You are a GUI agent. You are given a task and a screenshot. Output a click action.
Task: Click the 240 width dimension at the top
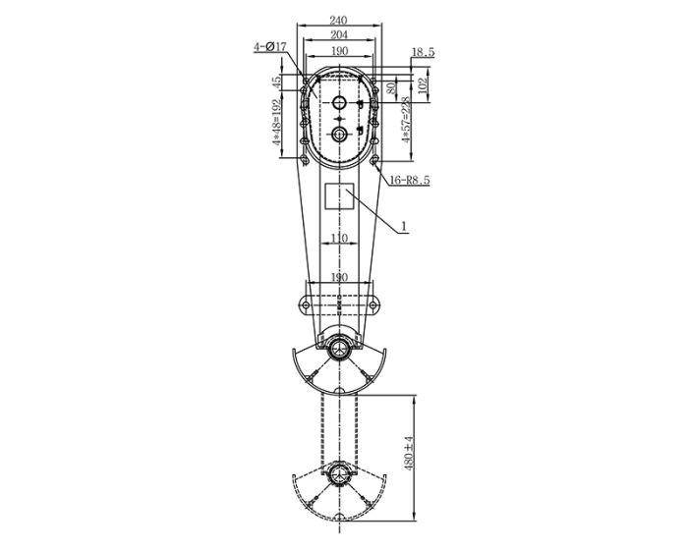339,19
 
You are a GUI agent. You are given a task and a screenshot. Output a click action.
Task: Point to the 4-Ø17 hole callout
268,46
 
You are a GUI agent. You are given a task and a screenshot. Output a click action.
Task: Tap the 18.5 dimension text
423,52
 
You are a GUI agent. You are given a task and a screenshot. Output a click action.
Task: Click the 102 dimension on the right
422,85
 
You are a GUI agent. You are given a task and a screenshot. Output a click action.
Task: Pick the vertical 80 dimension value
391,88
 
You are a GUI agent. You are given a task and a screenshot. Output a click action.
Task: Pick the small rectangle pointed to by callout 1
339,195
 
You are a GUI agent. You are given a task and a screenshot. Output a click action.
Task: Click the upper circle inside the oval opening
339,103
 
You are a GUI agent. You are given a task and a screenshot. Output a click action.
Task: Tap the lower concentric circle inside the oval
339,134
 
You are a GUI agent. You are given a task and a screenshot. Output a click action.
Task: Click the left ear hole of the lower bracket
306,304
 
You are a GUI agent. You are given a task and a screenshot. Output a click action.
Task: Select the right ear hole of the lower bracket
373,304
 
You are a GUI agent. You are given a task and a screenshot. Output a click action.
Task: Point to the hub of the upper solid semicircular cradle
339,348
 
